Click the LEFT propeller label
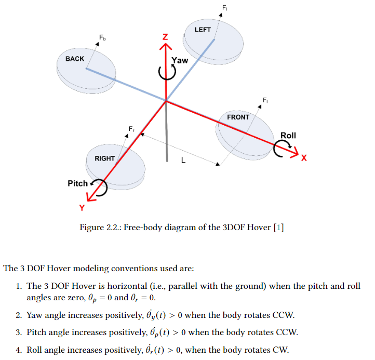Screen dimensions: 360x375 (x=203, y=30)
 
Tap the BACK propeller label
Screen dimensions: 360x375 (x=75, y=59)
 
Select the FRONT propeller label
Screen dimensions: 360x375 (x=238, y=117)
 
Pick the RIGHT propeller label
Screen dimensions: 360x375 (x=104, y=158)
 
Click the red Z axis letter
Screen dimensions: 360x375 (x=165, y=37)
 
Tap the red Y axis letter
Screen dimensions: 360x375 (x=81, y=208)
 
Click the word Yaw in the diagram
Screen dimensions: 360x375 (x=180, y=60)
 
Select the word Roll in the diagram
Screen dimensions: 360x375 (x=288, y=136)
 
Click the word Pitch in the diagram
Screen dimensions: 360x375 (x=77, y=183)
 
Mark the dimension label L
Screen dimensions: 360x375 (x=182, y=161)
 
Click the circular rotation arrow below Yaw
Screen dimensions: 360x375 (x=167, y=73)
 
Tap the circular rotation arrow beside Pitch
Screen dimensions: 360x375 (x=99, y=186)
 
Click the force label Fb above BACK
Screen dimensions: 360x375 (x=102, y=37)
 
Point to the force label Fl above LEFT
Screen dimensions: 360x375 (x=224, y=7)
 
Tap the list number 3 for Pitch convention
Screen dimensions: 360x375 (x=18, y=332)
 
